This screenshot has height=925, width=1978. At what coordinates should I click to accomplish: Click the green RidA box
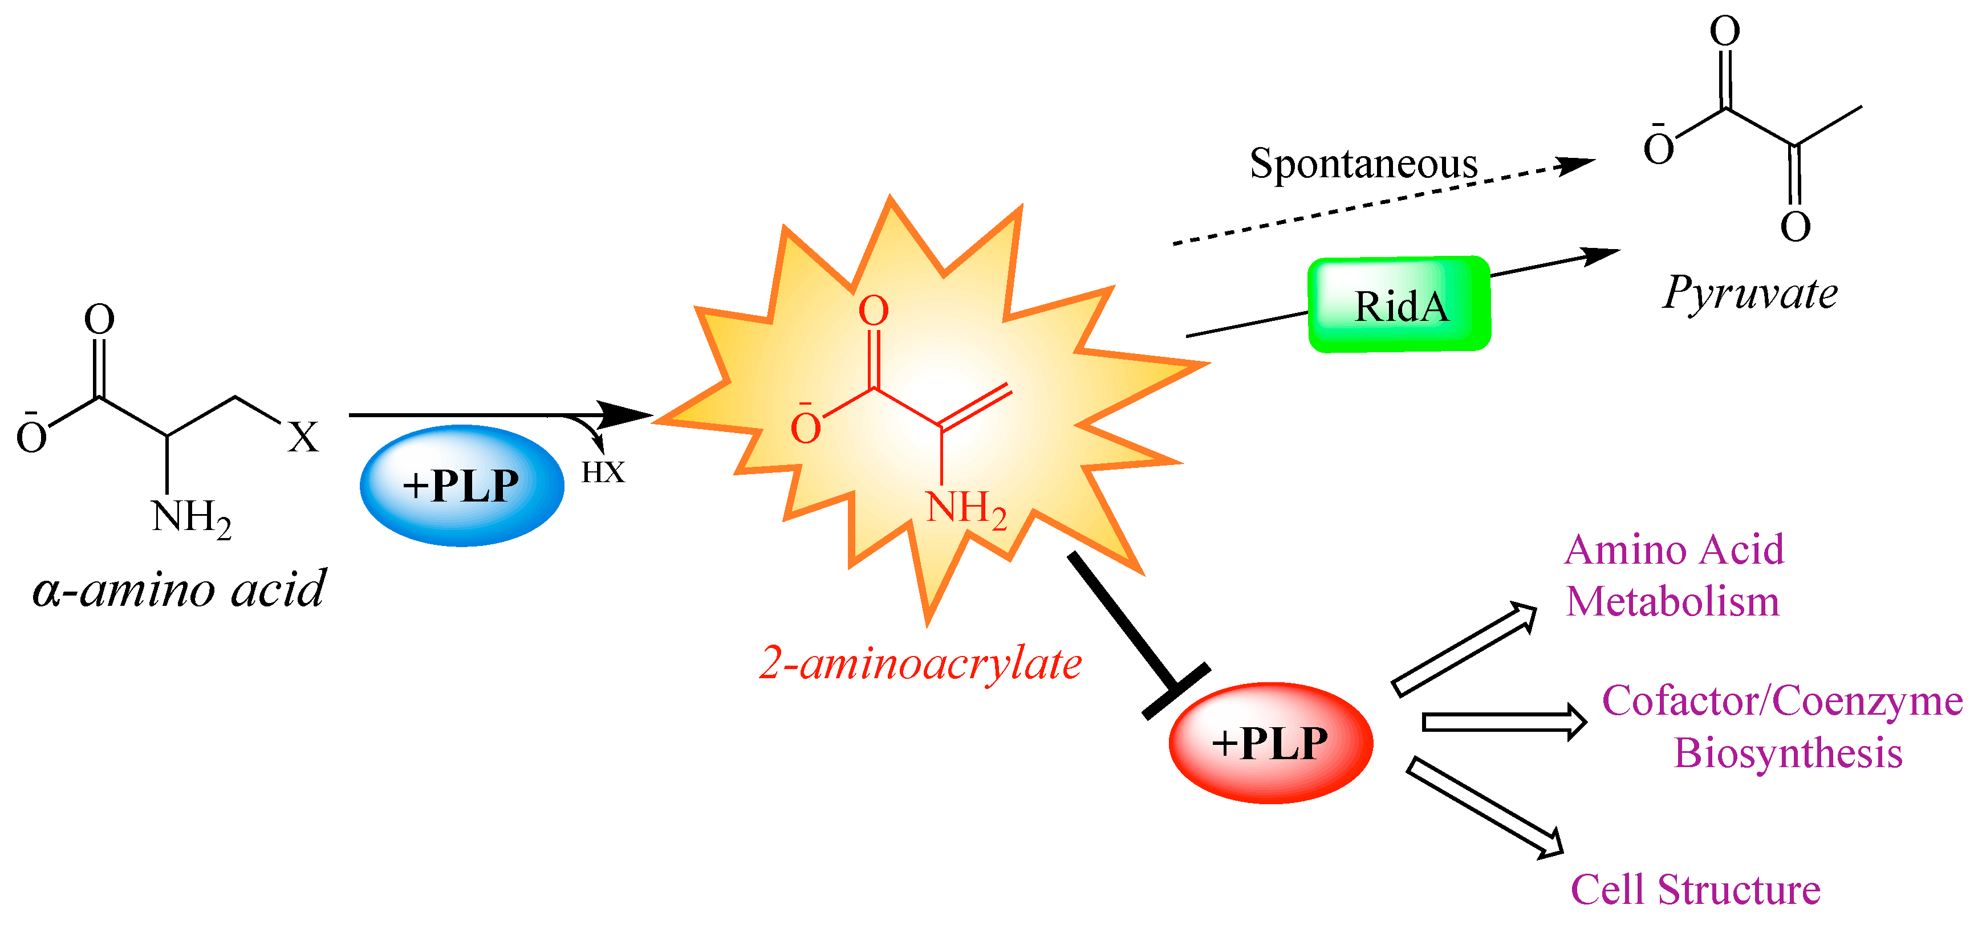click(1399, 305)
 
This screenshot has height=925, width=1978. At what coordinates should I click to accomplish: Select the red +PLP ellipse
click(1270, 742)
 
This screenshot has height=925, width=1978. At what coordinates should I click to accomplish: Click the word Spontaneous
click(1363, 164)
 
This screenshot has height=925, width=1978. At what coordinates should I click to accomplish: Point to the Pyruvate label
click(1750, 294)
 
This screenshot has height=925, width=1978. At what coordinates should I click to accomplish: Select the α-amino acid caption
click(179, 589)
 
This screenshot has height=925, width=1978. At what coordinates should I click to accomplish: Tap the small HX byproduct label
click(603, 472)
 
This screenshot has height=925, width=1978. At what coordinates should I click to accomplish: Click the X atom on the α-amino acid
click(303, 438)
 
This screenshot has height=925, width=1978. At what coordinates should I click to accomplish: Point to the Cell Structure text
click(1695, 890)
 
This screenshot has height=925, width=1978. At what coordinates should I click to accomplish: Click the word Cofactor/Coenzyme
click(1781, 701)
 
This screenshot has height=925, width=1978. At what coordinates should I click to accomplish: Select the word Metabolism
click(1672, 601)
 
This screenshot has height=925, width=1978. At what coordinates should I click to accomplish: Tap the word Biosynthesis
click(1788, 753)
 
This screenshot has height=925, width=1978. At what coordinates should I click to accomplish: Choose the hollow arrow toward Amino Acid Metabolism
click(1463, 649)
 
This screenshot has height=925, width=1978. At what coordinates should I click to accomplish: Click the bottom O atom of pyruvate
click(1795, 226)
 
